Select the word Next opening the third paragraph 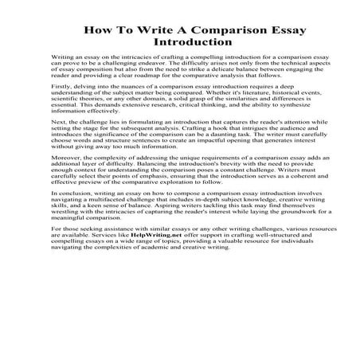point(58,136)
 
